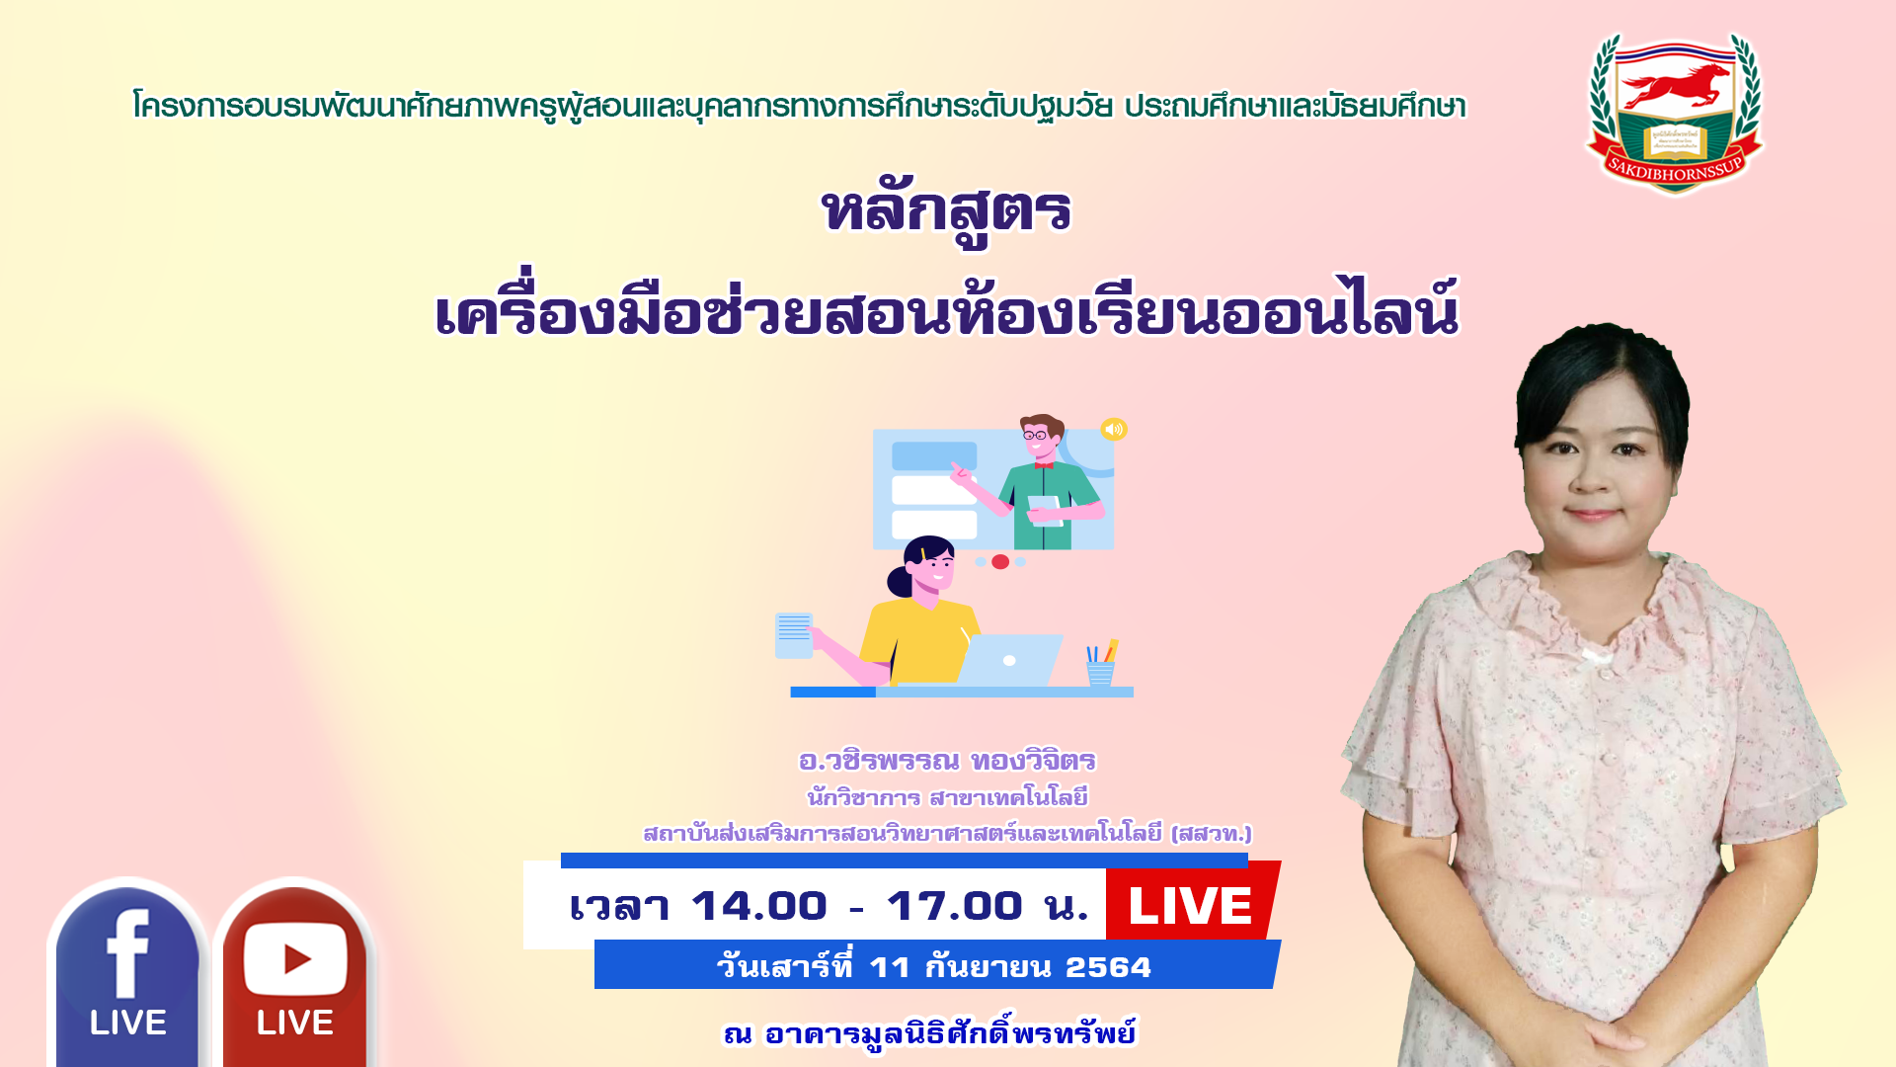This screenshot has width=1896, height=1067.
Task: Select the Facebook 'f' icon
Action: click(x=128, y=954)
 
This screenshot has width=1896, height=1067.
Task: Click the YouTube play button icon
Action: click(x=295, y=958)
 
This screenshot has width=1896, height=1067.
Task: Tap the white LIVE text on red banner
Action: click(x=1190, y=906)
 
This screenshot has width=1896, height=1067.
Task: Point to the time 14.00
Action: click(x=758, y=906)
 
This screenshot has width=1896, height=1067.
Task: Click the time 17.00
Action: click(x=954, y=906)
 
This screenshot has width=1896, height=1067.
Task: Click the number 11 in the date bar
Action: click(x=889, y=967)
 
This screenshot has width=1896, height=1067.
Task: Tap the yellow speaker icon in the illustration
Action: click(x=1114, y=429)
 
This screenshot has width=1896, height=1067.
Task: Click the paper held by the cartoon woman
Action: click(x=794, y=635)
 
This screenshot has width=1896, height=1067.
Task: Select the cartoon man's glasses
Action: click(x=1035, y=435)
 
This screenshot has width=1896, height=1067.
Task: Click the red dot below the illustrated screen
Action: click(x=1000, y=562)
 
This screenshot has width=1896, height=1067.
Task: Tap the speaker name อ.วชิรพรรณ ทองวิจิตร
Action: click(x=947, y=761)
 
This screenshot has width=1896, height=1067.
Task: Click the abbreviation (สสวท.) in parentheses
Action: click(x=1211, y=833)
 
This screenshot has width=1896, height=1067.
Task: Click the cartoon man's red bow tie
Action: click(x=1044, y=464)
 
